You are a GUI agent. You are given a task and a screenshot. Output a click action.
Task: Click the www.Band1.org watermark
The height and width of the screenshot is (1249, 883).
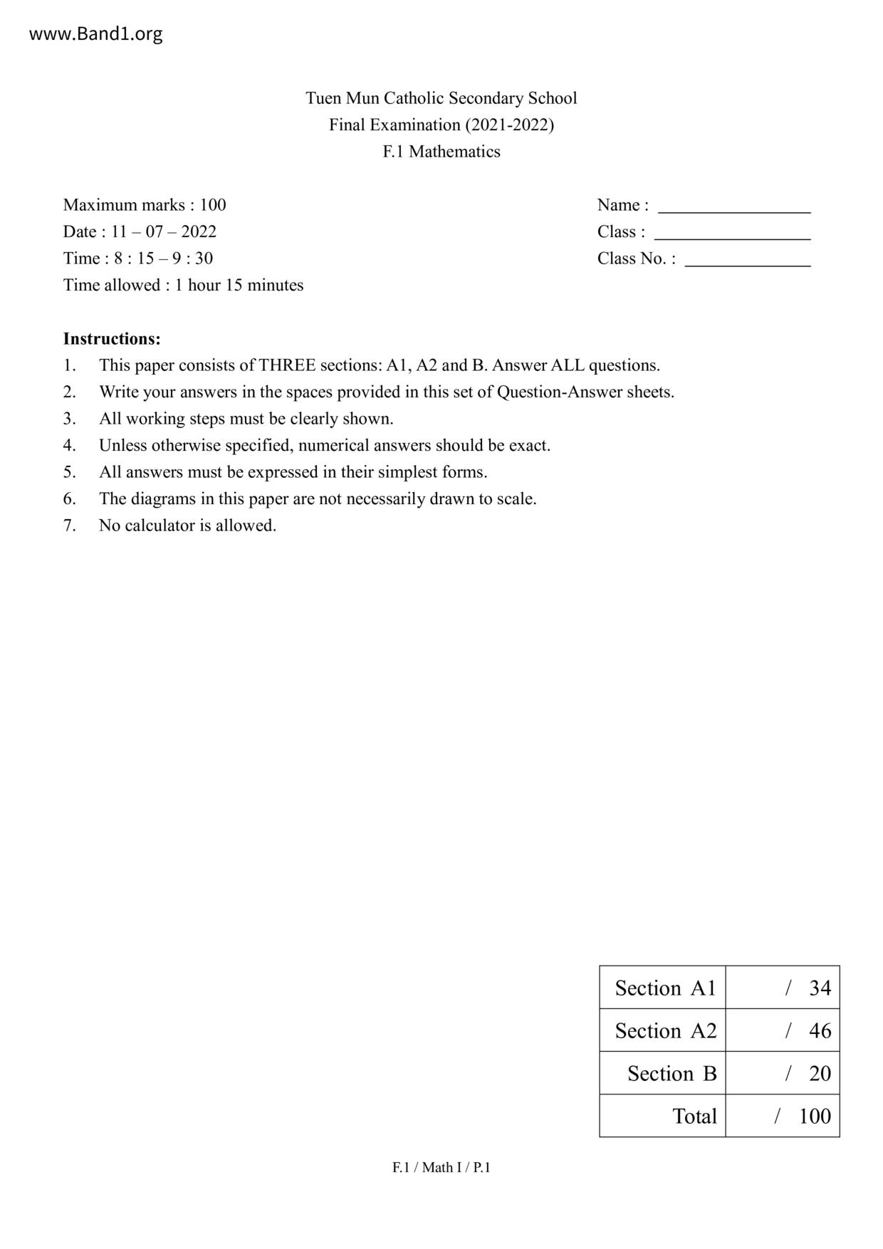click(95, 33)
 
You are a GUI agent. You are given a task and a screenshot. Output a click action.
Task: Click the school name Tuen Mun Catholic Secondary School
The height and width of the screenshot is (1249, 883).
click(441, 98)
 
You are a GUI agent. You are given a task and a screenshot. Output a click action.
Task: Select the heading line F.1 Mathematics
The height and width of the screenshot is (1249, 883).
click(441, 152)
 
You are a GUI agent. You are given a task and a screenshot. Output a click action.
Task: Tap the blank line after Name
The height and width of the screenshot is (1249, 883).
click(733, 208)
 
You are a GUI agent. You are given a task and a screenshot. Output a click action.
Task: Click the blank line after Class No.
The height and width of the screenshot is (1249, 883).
click(747, 261)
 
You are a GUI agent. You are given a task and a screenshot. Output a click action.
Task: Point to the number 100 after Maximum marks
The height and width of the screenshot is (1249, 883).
click(212, 205)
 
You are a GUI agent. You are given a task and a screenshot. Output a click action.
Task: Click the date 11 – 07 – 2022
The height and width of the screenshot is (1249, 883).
click(164, 231)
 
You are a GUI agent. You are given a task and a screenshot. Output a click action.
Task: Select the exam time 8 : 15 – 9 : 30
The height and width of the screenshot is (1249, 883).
click(163, 258)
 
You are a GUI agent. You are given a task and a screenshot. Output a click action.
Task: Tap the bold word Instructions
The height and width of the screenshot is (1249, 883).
click(112, 338)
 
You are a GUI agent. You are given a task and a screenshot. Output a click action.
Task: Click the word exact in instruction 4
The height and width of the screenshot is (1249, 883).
click(529, 446)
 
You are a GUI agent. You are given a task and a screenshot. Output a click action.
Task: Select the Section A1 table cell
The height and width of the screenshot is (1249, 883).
click(663, 988)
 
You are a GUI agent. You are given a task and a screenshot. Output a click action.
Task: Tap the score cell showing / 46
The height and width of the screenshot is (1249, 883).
click(783, 1030)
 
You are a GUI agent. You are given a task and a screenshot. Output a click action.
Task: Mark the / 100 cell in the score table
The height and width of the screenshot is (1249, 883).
click(783, 1116)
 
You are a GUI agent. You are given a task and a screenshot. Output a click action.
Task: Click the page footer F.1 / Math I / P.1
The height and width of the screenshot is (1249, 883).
click(441, 1167)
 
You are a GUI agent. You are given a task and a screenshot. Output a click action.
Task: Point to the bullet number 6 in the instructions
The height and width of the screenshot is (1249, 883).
click(69, 498)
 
